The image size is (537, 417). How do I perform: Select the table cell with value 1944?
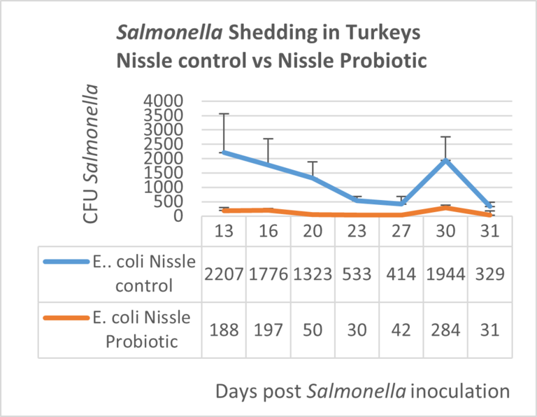tap(446, 274)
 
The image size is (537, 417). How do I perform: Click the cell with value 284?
tap(446, 329)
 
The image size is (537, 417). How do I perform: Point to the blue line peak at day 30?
tap(446, 160)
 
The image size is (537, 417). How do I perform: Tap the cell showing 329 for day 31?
tap(490, 274)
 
